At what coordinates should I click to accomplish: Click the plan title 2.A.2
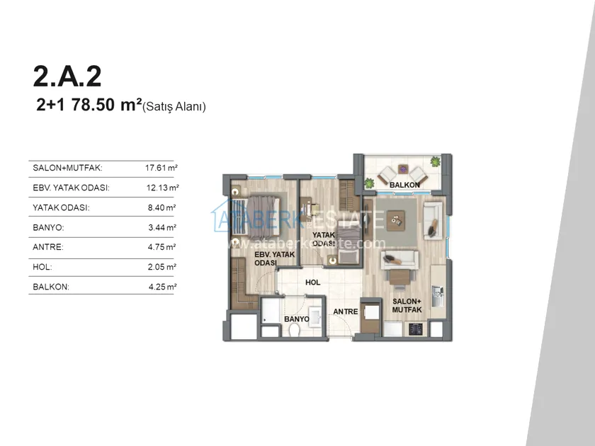67,76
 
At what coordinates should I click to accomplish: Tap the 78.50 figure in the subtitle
93,105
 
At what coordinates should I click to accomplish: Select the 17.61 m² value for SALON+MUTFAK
161,168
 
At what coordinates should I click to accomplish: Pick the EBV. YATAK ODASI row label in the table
71,188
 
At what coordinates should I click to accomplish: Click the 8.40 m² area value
162,207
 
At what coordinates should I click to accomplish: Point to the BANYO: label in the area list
48,227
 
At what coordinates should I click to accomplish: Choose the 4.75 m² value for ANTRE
162,247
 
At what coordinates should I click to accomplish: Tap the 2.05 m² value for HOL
162,267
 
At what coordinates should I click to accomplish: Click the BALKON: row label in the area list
51,287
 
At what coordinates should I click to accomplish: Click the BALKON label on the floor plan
404,185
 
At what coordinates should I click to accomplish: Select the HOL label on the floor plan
312,282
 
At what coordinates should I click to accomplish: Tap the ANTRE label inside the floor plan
346,311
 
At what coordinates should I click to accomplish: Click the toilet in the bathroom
294,331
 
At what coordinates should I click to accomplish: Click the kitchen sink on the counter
438,296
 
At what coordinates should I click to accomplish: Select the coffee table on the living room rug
395,221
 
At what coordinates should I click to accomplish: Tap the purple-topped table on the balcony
402,168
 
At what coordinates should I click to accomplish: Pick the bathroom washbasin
316,315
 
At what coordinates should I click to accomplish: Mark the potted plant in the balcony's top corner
435,162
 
